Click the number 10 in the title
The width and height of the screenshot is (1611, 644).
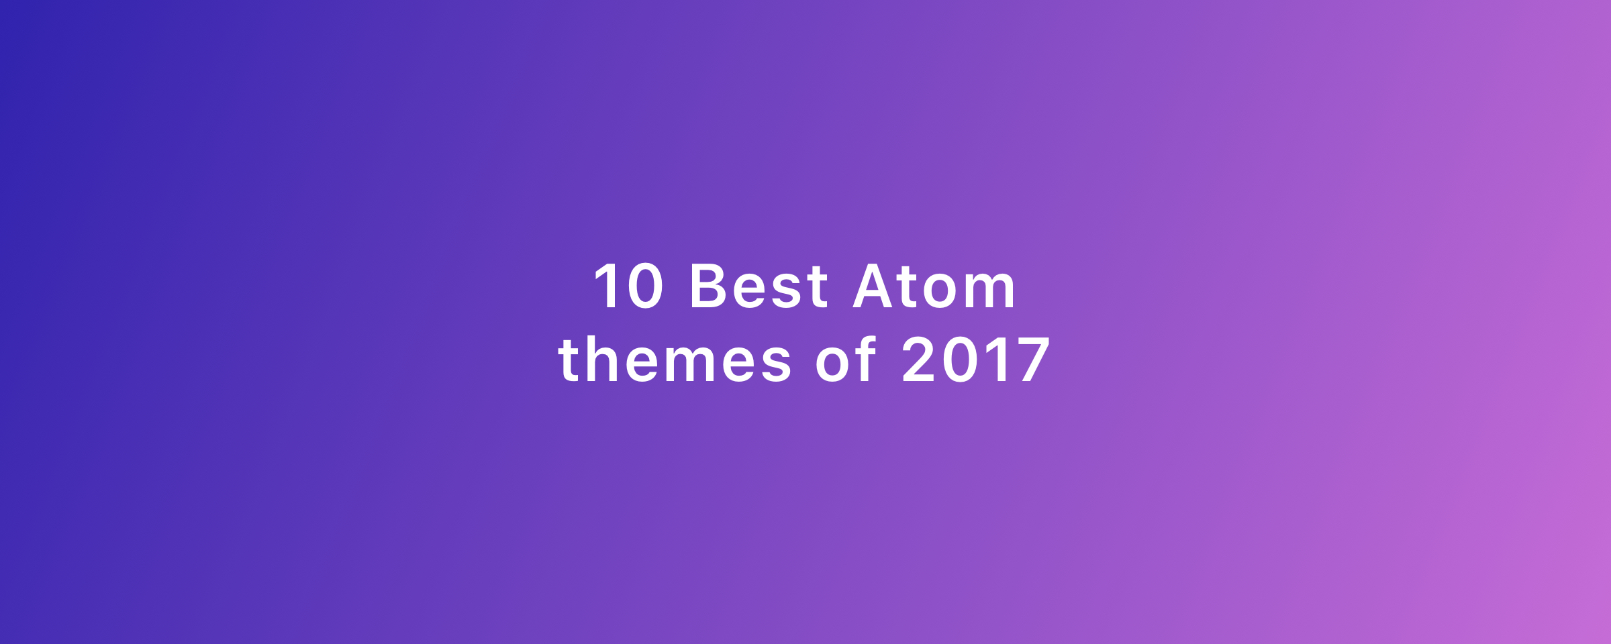click(x=629, y=286)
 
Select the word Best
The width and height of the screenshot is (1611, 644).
click(x=759, y=286)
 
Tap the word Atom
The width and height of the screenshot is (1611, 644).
click(x=934, y=286)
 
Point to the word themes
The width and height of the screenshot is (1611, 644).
click(x=675, y=360)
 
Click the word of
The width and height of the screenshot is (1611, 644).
click(x=846, y=360)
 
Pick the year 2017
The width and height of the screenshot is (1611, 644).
click(x=976, y=360)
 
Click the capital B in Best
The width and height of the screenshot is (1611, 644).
click(x=708, y=286)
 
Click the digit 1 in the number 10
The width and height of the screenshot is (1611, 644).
click(x=606, y=286)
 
